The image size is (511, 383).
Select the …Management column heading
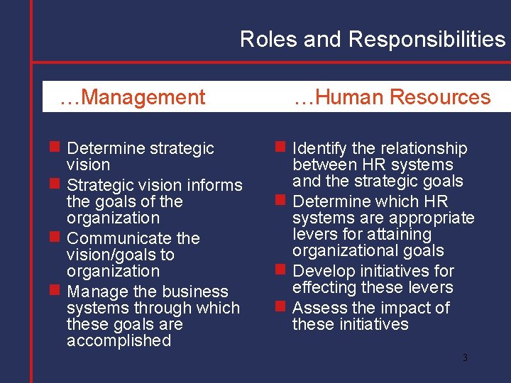[x=133, y=97]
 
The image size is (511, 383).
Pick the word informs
[x=213, y=185]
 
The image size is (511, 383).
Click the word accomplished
[x=119, y=340]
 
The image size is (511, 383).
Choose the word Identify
[x=319, y=148]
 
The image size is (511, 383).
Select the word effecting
[x=324, y=287]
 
